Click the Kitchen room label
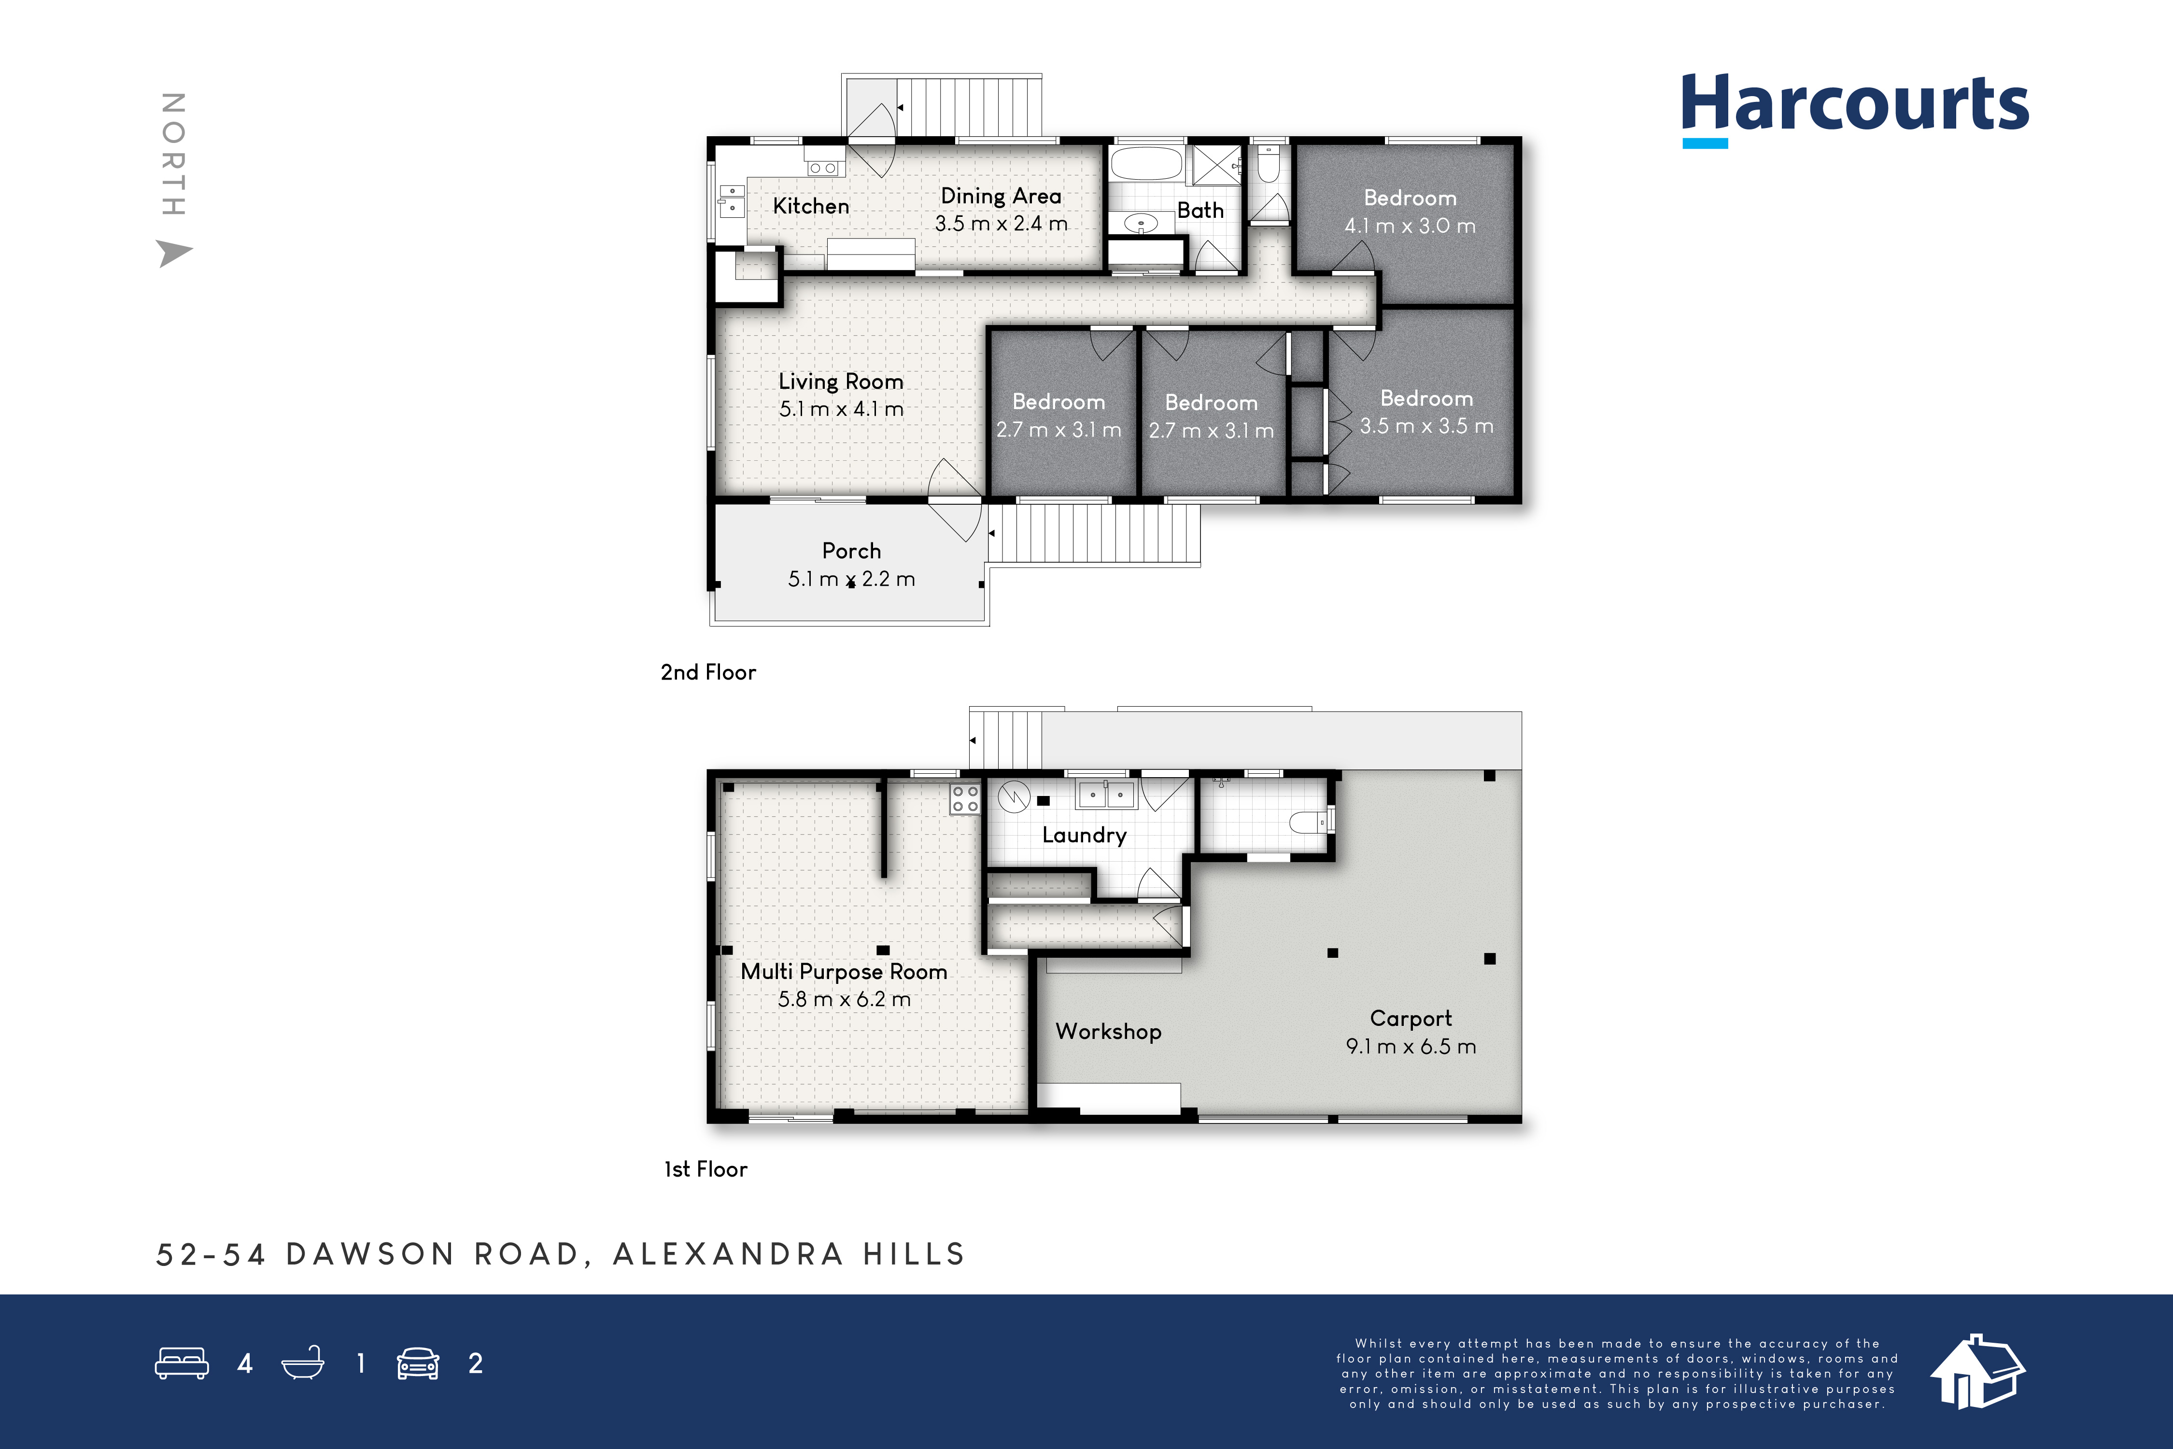pos(810,206)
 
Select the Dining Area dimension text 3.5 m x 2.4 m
pos(1001,224)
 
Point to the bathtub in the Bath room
pos(1145,164)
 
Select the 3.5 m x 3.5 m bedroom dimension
pos(1426,426)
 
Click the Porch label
pos(851,551)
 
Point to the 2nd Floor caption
pos(708,672)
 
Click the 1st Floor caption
pos(706,1169)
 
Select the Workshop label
pos(1109,1031)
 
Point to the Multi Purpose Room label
pos(844,972)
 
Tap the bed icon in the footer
pos(182,1363)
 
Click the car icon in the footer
pos(418,1363)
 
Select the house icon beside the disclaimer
pos(1977,1371)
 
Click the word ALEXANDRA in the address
pos(728,1254)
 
